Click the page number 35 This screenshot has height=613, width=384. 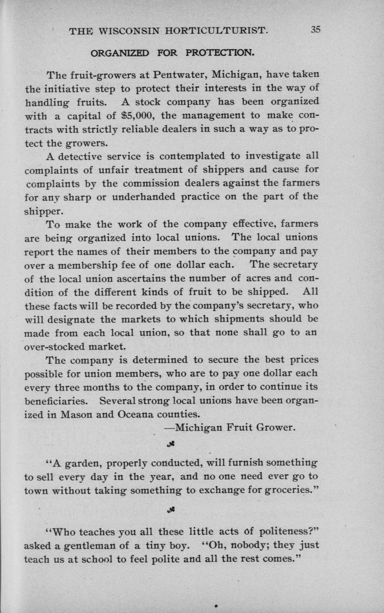tap(315, 30)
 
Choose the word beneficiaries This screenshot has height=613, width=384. tap(55, 401)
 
